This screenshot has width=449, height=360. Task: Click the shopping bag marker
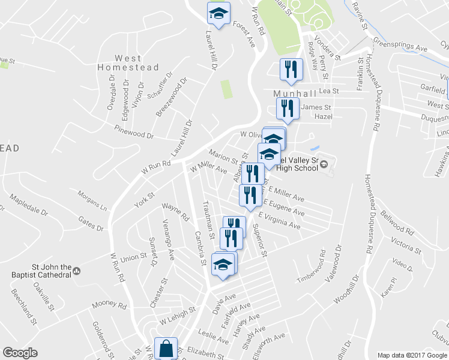[166, 349]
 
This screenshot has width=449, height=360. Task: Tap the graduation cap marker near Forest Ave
[218, 13]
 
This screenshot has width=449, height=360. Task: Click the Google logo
[20, 353]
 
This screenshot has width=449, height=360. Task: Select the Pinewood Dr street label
[134, 132]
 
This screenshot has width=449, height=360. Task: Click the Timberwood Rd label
[310, 267]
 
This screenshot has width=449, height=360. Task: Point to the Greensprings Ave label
[399, 46]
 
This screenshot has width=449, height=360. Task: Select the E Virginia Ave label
[280, 221]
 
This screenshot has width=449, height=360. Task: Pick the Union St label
[134, 258]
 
